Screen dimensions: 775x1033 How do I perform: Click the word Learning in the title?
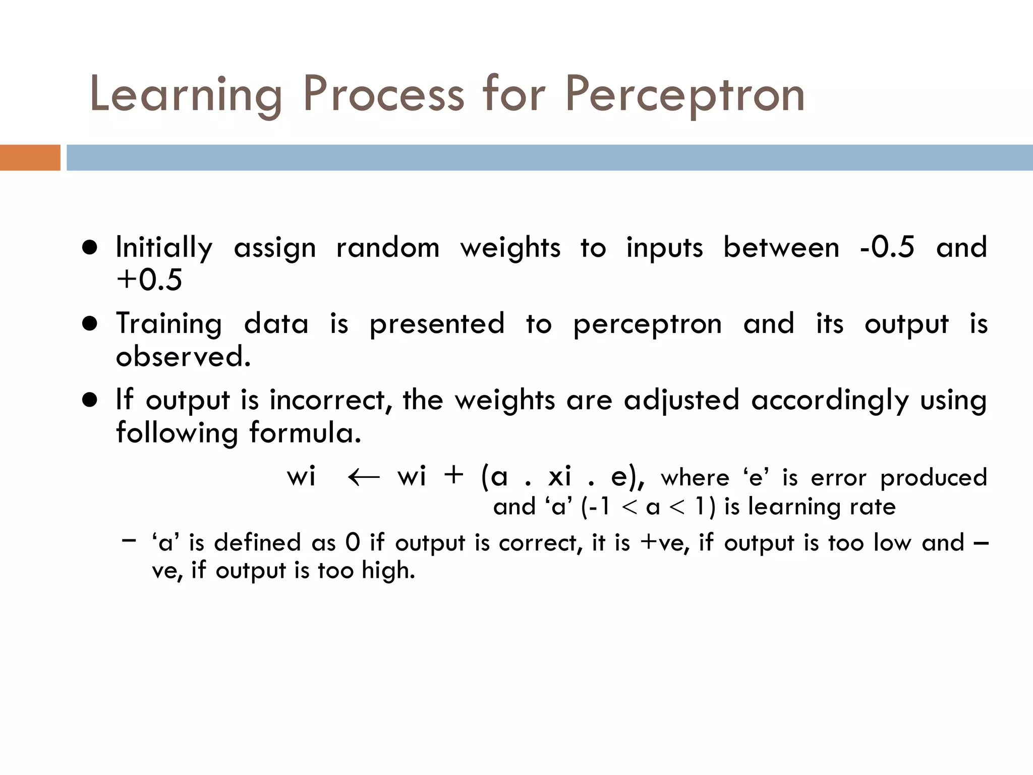[x=185, y=94]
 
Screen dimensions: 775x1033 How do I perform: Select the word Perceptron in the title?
[x=684, y=94]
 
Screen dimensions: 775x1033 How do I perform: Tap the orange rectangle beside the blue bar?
[x=30, y=157]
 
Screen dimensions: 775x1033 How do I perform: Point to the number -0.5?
[x=887, y=247]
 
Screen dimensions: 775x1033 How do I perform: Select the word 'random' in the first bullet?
[x=387, y=248]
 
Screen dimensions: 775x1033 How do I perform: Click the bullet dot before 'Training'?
[x=90, y=323]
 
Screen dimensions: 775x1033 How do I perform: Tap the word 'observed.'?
[x=183, y=357]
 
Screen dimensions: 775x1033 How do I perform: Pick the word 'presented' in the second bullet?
[x=437, y=324]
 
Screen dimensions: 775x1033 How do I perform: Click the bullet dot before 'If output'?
[x=90, y=400]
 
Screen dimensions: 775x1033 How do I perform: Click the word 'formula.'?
[x=305, y=433]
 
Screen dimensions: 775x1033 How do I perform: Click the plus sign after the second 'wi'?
[x=453, y=475]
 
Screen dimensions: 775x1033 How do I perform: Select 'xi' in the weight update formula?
[x=559, y=476]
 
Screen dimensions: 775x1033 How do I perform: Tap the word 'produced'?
[x=933, y=478]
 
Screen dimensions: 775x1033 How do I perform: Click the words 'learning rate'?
[x=822, y=507]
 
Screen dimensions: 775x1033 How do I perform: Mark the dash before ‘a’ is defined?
[x=129, y=540]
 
